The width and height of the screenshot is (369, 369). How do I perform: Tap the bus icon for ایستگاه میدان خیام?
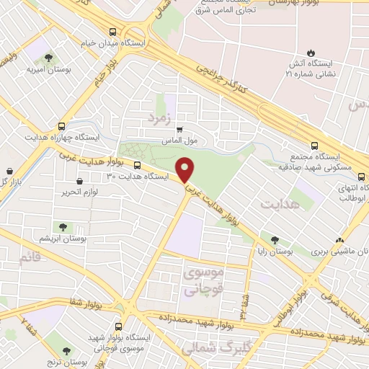coord(112,32)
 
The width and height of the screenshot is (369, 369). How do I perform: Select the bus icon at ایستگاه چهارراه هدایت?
coord(62,125)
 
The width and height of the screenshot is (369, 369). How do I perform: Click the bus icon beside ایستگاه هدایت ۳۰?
coord(138,166)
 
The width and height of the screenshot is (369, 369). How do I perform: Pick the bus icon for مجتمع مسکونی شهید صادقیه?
coord(313,144)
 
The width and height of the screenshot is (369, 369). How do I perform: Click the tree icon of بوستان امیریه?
coord(48,58)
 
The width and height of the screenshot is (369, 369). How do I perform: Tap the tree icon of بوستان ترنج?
coord(67,352)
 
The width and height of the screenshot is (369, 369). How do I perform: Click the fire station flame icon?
coord(311,53)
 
